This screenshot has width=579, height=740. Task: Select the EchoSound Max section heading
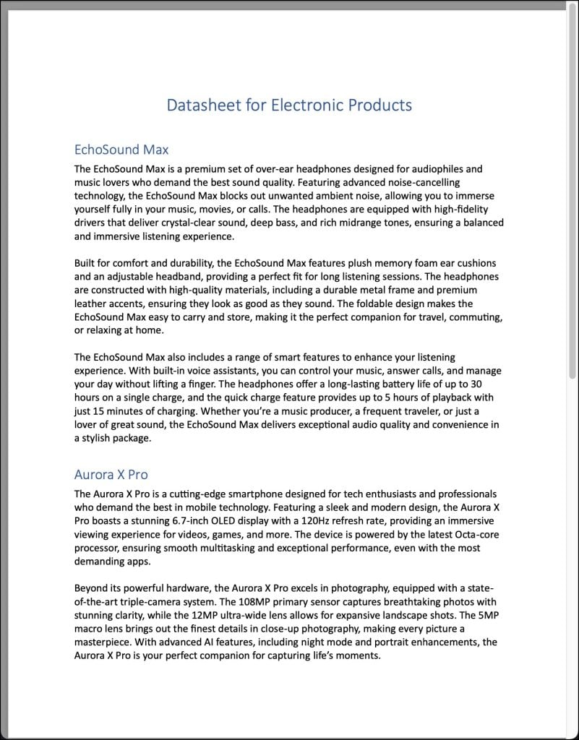pos(121,150)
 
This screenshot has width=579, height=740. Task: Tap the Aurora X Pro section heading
pos(111,475)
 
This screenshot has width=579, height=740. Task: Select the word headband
pos(189,277)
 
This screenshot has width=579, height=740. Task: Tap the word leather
pos(90,304)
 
